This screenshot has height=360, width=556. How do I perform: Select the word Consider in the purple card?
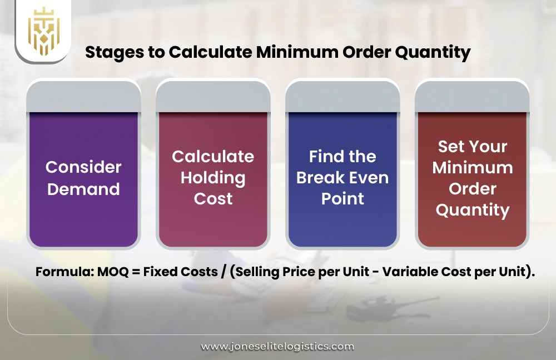[83, 167]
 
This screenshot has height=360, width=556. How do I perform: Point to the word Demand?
[83, 189]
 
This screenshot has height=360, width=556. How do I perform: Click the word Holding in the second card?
[213, 178]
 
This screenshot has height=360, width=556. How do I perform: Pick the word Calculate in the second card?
[213, 157]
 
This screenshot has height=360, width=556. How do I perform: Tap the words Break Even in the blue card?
[342, 178]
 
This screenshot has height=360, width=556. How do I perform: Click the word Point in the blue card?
[342, 198]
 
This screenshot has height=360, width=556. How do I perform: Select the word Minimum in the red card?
[473, 167]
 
